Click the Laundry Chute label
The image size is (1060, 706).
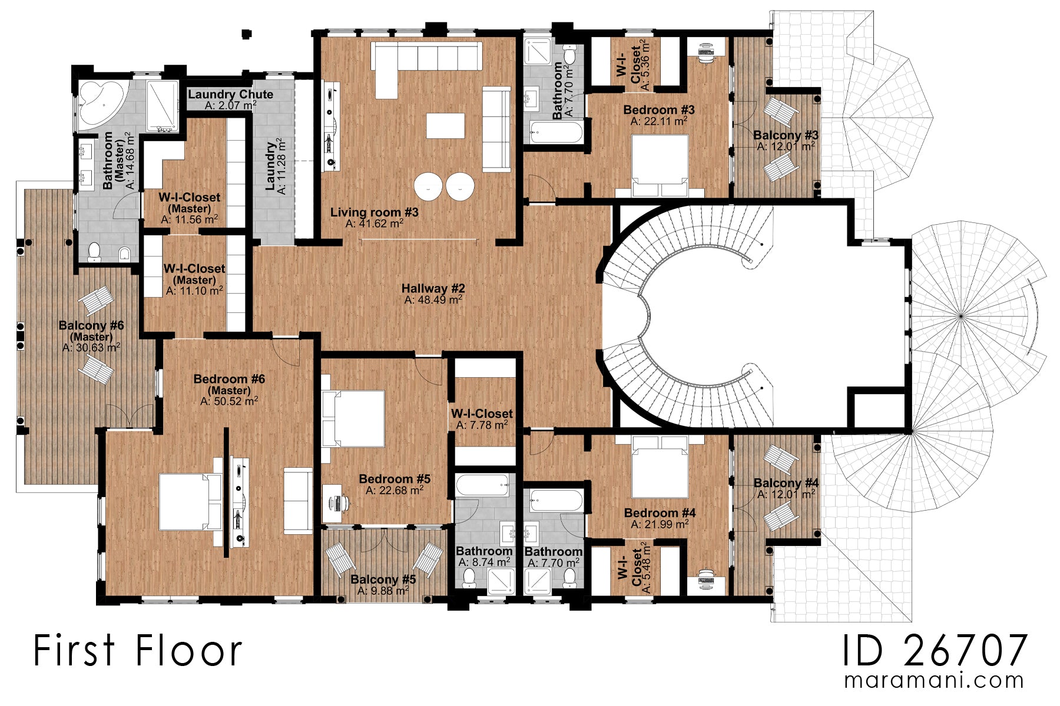coord(230,94)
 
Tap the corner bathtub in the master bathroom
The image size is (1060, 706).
coord(98,103)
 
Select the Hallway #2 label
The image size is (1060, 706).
coord(433,288)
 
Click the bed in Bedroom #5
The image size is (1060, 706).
coord(354,418)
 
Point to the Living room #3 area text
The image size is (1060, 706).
coord(375,224)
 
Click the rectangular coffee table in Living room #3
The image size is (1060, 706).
coord(445,126)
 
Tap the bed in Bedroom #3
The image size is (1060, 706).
coord(660,165)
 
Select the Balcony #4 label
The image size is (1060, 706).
coord(786,483)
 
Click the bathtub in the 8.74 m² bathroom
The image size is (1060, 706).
coord(483,486)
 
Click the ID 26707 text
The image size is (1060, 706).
coord(935,651)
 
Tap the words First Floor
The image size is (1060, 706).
coord(137,651)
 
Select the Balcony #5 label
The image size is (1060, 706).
coord(383,580)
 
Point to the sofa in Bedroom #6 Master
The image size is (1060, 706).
coord(298,501)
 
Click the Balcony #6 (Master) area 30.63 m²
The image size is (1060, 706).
coord(91,348)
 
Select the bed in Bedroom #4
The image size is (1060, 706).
coord(660,468)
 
